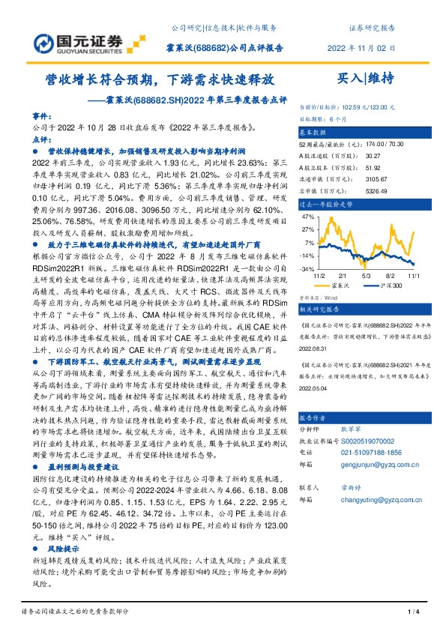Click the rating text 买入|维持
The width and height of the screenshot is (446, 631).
click(x=366, y=77)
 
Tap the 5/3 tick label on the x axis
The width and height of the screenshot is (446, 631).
click(x=367, y=276)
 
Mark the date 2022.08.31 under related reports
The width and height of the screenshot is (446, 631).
click(x=314, y=348)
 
